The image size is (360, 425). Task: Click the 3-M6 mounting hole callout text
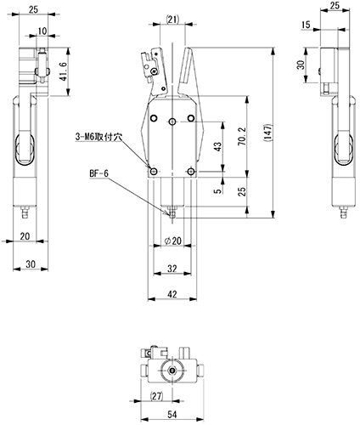(x=98, y=137)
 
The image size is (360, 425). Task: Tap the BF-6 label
(x=98, y=173)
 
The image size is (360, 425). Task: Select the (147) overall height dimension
(x=267, y=133)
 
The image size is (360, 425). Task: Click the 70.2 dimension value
(x=242, y=137)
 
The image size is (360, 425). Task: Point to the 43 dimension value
(x=218, y=146)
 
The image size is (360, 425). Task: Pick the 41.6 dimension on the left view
(x=64, y=71)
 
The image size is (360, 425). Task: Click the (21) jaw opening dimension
(x=172, y=20)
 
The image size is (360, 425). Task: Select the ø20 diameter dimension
(x=172, y=241)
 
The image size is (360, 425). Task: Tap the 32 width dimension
(x=172, y=269)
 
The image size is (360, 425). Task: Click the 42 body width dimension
(x=172, y=294)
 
